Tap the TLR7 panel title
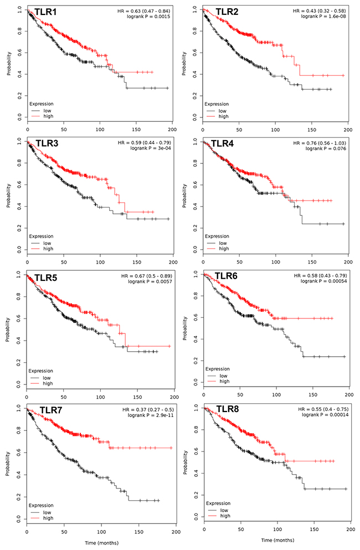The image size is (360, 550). coord(51,410)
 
